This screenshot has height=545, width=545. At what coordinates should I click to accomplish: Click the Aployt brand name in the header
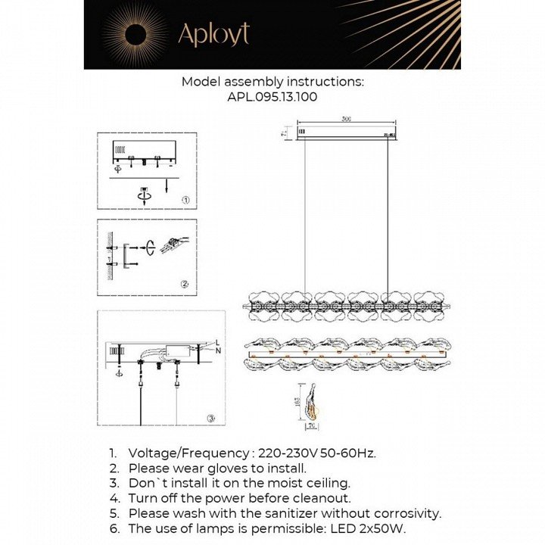click(213, 34)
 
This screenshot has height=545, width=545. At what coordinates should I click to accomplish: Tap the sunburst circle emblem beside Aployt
click(136, 34)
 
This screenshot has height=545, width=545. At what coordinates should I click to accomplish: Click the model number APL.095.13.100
click(272, 96)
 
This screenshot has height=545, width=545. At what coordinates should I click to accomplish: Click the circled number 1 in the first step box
click(185, 200)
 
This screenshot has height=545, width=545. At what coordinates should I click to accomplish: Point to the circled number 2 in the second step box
click(184, 284)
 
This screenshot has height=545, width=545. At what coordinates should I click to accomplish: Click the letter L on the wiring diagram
click(218, 341)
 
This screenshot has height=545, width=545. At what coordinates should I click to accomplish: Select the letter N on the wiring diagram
click(218, 351)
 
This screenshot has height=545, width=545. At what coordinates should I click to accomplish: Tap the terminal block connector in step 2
click(173, 244)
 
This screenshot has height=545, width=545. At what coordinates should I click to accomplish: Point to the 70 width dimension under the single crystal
click(311, 425)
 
